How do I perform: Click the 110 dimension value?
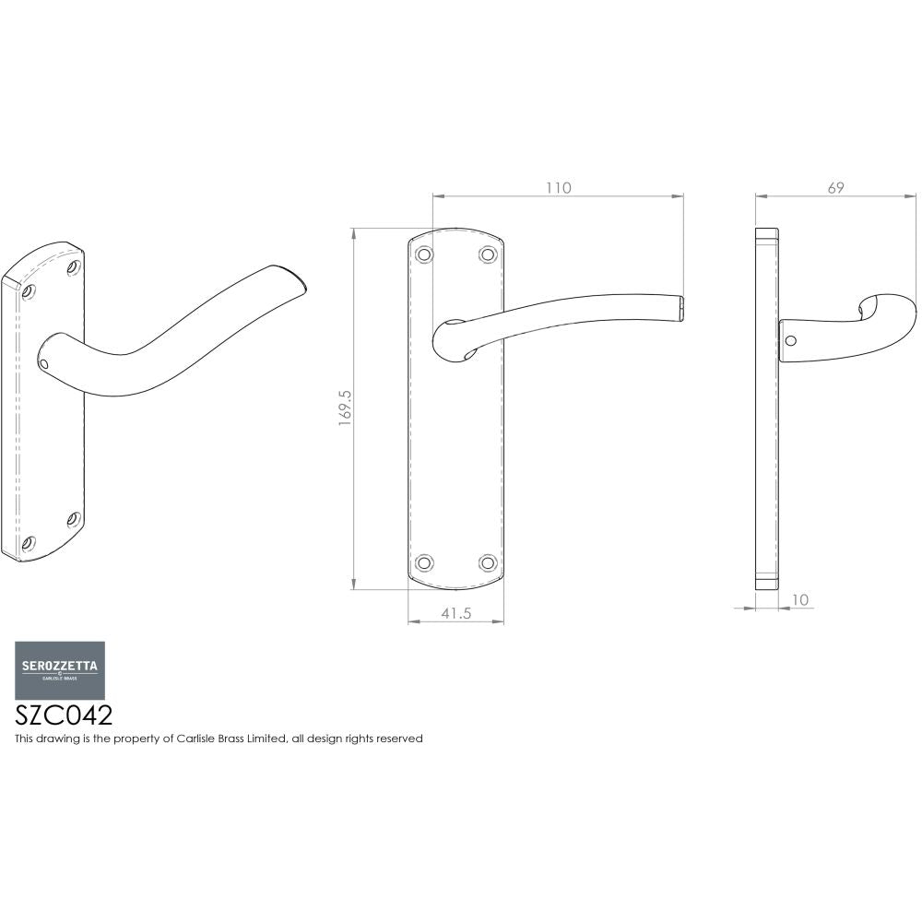[559, 188]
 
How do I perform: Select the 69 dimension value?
[836, 188]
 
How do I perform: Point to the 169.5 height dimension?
[346, 407]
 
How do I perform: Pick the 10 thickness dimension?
[799, 600]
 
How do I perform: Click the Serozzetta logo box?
[59, 670]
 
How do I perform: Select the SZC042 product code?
[65, 716]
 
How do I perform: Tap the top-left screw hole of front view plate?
[424, 254]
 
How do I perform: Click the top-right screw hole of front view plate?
[487, 254]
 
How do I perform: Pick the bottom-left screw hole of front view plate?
[424, 561]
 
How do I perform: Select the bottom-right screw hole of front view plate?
[487, 561]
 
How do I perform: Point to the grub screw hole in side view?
[789, 340]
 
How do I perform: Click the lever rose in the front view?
[451, 341]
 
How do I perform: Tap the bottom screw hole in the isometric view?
[29, 542]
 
